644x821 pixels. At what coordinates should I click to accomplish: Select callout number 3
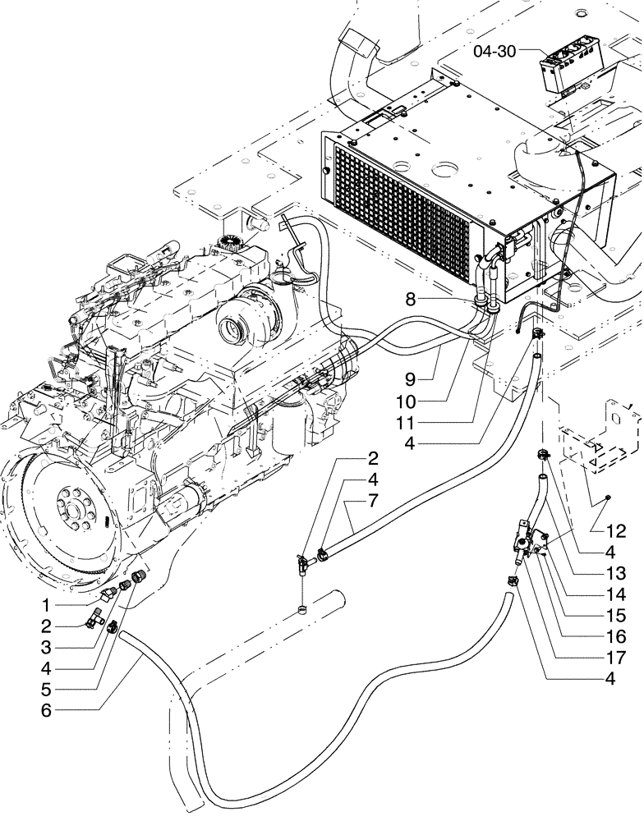coord(47,646)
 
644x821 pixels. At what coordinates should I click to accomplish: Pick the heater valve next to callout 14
coord(524,541)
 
